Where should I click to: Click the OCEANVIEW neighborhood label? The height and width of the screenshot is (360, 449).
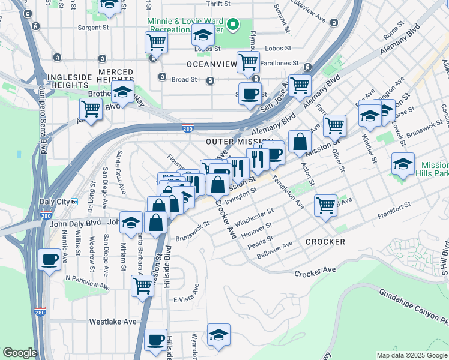[x=209, y=64]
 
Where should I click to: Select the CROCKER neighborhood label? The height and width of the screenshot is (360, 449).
[x=325, y=242]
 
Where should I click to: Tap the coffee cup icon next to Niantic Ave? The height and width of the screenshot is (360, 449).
[x=49, y=260]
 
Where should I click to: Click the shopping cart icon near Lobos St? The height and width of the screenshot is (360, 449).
[x=156, y=42]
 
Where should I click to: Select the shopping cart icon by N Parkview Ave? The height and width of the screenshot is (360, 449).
[x=142, y=285]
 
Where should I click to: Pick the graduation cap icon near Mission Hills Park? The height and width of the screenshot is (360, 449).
[x=402, y=164]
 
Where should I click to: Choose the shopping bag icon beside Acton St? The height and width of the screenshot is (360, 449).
[x=299, y=142]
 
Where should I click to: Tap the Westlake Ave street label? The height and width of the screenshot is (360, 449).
[x=113, y=322]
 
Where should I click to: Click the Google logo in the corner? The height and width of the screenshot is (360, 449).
[x=19, y=353]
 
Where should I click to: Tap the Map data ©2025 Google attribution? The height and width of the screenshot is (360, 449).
[x=412, y=355]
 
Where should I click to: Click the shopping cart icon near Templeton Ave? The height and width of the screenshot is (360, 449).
[x=325, y=206]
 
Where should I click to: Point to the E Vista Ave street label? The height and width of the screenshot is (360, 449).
[x=185, y=299]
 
